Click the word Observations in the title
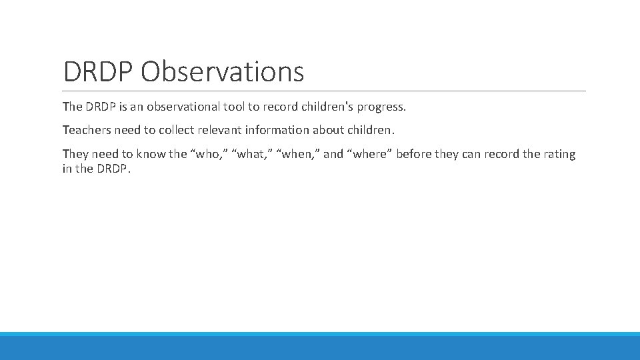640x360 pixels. click(x=222, y=71)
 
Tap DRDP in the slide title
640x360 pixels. click(x=99, y=71)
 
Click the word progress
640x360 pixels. click(x=381, y=107)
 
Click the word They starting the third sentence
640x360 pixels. click(x=75, y=154)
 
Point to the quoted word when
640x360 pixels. click(x=297, y=154)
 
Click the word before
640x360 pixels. click(x=414, y=154)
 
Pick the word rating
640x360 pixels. click(x=559, y=154)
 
